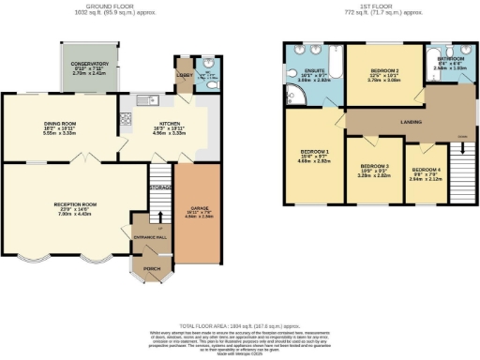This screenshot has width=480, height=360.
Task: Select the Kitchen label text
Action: pyautogui.click(x=170, y=123)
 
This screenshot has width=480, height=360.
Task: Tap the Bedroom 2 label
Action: pyautogui.click(x=383, y=71)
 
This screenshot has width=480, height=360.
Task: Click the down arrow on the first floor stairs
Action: pyautogui.click(x=461, y=138)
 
